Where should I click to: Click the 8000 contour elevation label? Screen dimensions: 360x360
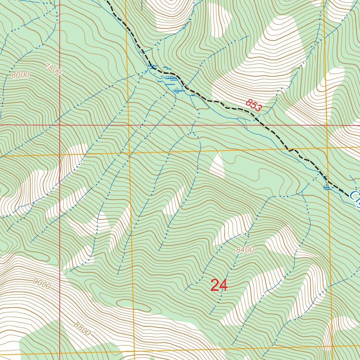coord(20,75)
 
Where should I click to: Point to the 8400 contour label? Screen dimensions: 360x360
coord(245,250)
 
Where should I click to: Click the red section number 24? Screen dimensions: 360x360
coord(219,285)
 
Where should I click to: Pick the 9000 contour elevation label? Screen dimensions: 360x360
coord(42,283)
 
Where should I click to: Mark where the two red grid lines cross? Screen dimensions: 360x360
coord(60,125)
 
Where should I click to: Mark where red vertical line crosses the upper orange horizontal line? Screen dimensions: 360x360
coord(60,155)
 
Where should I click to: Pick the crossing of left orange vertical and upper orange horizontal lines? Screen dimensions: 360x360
coord(129,153)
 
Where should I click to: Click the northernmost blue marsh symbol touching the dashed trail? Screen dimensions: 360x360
coord(152,66)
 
